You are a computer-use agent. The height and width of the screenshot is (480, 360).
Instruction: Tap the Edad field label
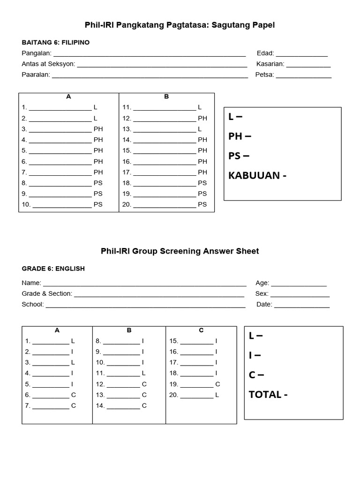[x=265, y=53]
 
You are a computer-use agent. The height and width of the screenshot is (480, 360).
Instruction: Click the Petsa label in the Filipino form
[x=264, y=75]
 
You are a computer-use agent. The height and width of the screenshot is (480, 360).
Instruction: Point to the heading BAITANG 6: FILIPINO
[x=55, y=43]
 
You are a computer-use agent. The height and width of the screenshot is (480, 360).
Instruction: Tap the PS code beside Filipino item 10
[x=98, y=204]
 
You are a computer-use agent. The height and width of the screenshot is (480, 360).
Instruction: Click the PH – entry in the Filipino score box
[x=240, y=136]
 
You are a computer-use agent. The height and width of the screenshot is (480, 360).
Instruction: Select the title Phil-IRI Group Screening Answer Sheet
[x=180, y=251]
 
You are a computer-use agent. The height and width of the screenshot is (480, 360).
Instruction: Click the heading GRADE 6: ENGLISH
[x=53, y=269]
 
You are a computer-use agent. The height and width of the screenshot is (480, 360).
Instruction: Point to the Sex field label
[x=262, y=294]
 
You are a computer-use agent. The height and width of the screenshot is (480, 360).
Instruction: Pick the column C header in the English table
[x=201, y=330]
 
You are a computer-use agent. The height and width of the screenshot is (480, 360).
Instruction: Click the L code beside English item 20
[x=217, y=395]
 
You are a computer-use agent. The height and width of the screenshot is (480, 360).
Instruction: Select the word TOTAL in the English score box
[x=265, y=395]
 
